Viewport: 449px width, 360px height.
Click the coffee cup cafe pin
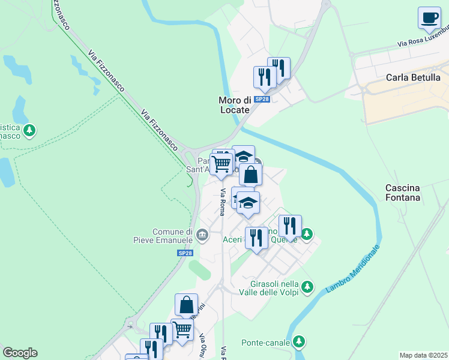(429, 19)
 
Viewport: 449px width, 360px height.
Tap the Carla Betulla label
(413, 77)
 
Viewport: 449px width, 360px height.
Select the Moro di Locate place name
(234, 105)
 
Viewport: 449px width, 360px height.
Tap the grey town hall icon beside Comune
(202, 234)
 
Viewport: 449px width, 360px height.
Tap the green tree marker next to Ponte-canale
(299, 342)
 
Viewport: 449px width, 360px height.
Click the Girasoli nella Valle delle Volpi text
(273, 287)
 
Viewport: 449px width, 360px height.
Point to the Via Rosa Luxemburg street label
(423, 38)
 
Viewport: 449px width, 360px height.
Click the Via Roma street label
(222, 202)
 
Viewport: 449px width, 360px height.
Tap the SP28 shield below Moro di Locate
(262, 99)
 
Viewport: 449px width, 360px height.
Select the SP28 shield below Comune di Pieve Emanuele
(185, 254)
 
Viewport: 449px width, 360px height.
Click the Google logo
(20, 353)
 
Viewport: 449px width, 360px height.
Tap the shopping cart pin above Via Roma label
(221, 163)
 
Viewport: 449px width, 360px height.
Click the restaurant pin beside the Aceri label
(256, 238)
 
